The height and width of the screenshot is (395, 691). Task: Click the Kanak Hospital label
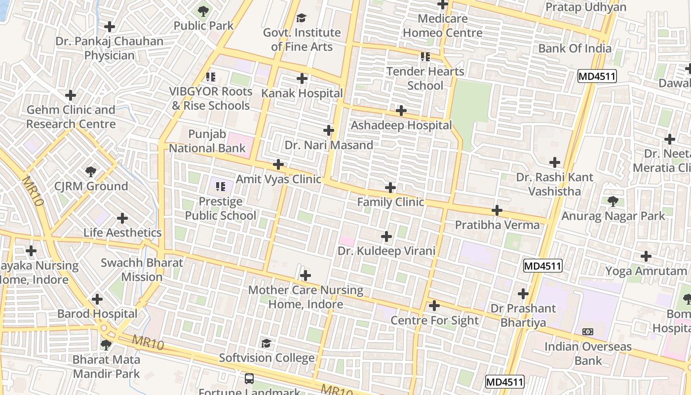click(302, 93)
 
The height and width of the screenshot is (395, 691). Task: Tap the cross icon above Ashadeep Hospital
click(401, 111)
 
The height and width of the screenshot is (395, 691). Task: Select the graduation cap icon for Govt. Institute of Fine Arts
click(301, 19)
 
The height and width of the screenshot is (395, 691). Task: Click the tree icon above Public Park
click(203, 11)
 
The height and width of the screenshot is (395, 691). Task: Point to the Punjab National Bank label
click(207, 141)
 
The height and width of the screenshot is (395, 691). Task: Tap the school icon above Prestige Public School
click(221, 187)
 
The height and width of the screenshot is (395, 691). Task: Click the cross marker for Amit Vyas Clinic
click(278, 164)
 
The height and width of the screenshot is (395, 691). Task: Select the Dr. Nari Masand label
click(329, 145)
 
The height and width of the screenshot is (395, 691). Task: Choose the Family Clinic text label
click(390, 202)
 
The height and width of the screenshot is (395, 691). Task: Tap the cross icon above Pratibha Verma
click(497, 211)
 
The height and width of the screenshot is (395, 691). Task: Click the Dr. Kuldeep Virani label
click(386, 251)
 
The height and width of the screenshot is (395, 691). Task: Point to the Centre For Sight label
click(434, 320)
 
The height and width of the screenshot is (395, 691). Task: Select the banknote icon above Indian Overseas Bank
click(588, 332)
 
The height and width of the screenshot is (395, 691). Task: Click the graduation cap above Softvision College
click(267, 343)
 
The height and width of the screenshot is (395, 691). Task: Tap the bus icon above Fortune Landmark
click(249, 379)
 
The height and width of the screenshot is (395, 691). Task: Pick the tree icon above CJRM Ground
click(91, 172)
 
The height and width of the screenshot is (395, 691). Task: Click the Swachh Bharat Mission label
click(142, 270)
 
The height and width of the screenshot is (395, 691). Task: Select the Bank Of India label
click(575, 48)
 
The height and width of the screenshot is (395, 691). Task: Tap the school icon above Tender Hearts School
click(425, 57)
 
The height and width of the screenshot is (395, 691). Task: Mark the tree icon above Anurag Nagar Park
click(613, 201)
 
